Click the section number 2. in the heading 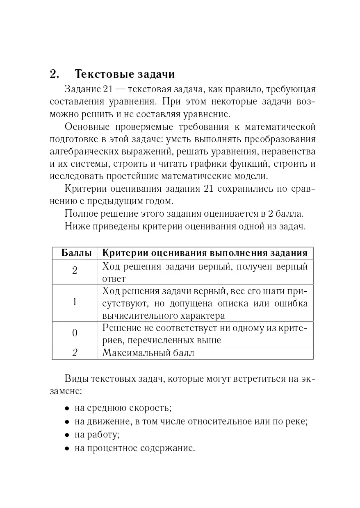(x=55, y=74)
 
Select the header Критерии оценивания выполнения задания (x=205, y=253)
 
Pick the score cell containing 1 (x=74, y=302)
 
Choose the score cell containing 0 (x=74, y=333)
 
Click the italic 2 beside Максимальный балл (x=74, y=353)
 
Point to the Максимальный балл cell (x=148, y=353)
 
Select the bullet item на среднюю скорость (x=123, y=408)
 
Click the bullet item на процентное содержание (x=134, y=448)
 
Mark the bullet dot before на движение (x=67, y=422)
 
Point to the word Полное (x=80, y=213)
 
